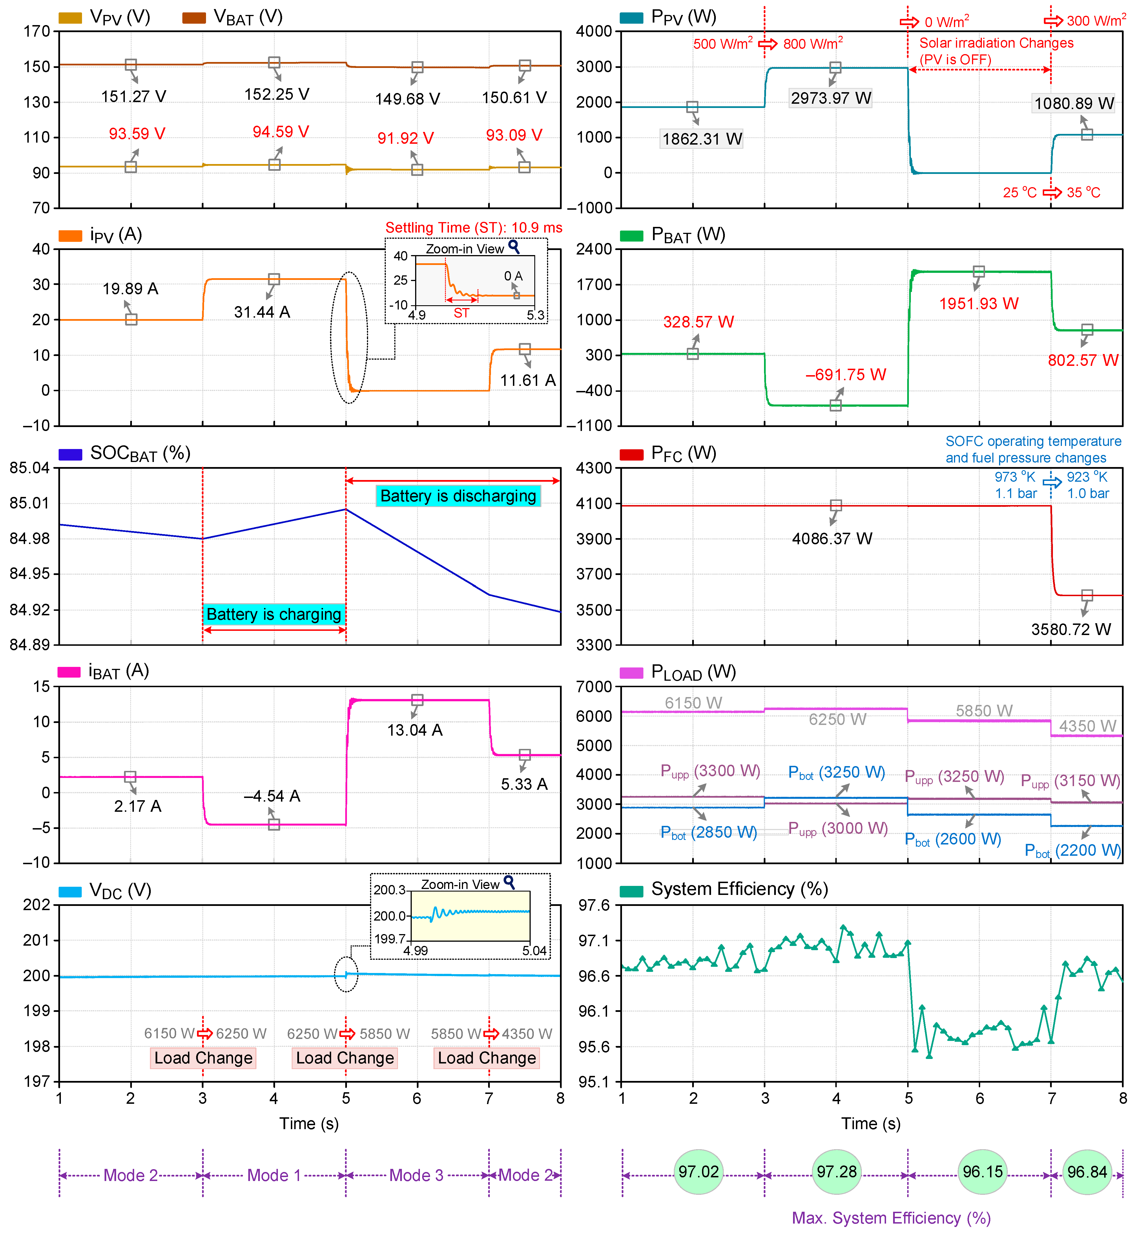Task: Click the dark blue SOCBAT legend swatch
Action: (x=70, y=454)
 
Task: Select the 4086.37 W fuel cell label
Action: (x=832, y=539)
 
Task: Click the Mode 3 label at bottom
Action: (x=416, y=1175)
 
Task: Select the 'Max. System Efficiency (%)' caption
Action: (x=891, y=1218)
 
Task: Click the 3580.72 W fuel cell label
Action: (x=1071, y=629)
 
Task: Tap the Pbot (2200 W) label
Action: (x=1072, y=850)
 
